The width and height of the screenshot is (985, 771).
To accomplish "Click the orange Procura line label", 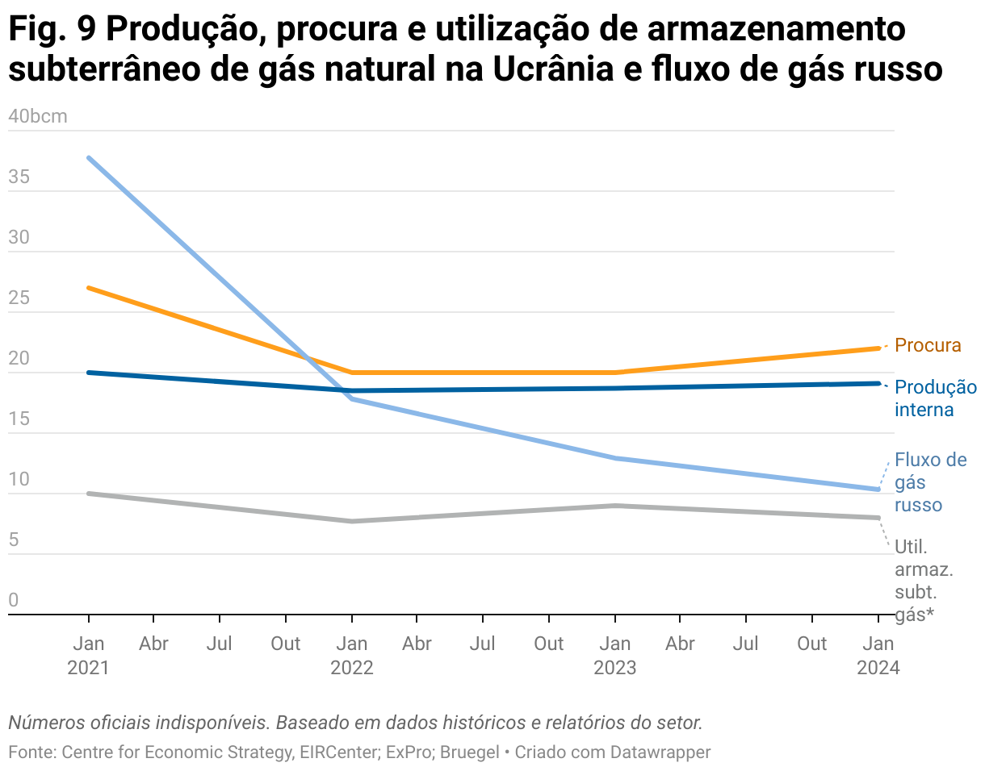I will (x=928, y=346).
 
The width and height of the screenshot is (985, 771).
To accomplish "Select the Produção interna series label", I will (x=935, y=398).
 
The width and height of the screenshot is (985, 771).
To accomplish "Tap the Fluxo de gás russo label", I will (x=929, y=482).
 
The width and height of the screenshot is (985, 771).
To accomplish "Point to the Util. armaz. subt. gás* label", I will (x=924, y=581).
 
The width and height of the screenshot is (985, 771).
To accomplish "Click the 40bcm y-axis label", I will (x=37, y=116).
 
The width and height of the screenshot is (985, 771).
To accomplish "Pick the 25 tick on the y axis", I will (x=19, y=298).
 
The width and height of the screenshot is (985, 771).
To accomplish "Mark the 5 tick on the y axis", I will (x=14, y=540).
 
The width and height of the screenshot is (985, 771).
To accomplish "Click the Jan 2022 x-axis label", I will (x=352, y=656).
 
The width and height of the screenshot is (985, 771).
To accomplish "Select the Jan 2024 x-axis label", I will (x=878, y=656).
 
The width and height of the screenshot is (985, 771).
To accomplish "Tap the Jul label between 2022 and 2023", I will (x=483, y=644).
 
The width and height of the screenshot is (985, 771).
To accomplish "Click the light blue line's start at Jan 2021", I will (x=89, y=157).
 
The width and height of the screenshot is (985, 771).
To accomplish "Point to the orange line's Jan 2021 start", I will (x=89, y=287).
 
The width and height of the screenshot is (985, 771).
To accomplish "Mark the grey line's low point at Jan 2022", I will (x=352, y=521).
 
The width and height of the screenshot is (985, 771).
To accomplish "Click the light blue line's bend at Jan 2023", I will (x=615, y=458).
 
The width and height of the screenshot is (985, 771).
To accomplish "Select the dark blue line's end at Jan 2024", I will (x=878, y=383).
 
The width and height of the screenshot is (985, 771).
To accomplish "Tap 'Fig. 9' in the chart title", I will (x=48, y=31).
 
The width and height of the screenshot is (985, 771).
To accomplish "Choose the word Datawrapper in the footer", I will (x=660, y=752).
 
